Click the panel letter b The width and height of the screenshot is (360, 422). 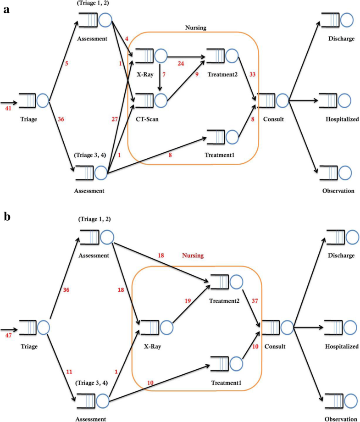tap(8, 218)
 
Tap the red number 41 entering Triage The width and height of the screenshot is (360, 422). tap(8, 109)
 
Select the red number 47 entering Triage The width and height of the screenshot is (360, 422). tap(8, 336)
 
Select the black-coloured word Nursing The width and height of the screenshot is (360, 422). tap(196, 28)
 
